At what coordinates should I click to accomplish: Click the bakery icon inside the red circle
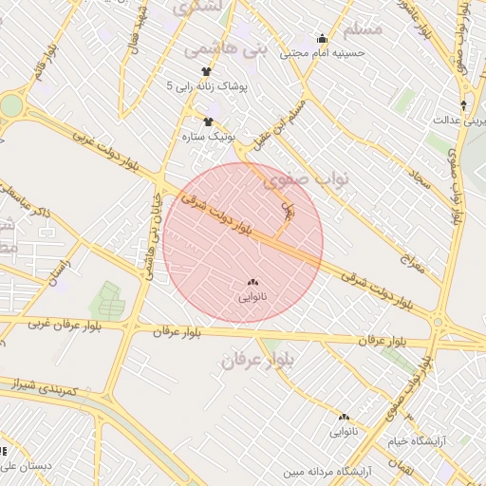[x=252, y=282]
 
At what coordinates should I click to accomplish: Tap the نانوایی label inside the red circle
[x=252, y=297]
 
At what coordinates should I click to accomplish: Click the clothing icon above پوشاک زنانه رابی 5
[x=207, y=71]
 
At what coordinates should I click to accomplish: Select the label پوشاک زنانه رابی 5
[x=207, y=86]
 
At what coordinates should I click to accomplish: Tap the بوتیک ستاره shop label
[x=208, y=137]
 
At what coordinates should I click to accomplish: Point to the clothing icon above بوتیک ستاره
[x=209, y=121]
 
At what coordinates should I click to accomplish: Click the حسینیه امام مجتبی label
[x=322, y=54]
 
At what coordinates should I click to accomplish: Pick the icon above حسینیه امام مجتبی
[x=322, y=40]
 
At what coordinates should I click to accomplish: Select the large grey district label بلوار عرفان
[x=258, y=360]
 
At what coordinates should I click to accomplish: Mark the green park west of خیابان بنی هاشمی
[x=107, y=301]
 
